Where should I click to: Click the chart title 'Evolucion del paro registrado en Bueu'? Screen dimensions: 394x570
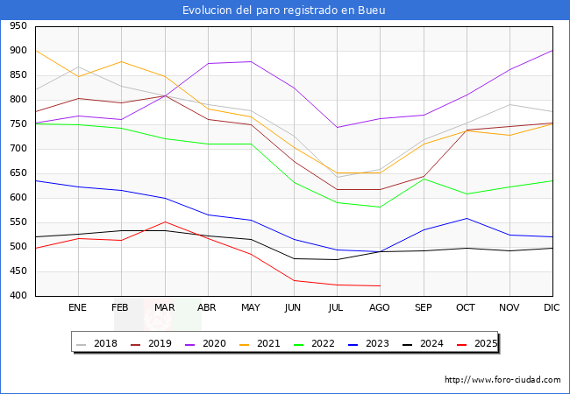284,11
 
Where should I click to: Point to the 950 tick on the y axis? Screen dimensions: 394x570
18,26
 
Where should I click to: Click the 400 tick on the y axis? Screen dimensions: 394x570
18,296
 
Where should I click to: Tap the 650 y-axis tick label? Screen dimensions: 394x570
18,173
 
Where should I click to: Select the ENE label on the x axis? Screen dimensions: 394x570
78,308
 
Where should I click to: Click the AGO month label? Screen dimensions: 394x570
380,308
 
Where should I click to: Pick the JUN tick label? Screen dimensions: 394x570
294,308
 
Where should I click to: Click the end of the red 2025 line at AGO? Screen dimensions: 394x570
380,285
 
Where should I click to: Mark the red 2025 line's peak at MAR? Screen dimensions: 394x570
164,222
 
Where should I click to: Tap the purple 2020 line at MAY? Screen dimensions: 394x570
251,61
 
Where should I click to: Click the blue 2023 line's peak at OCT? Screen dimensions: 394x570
467,218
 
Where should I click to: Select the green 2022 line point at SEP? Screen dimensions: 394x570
424,179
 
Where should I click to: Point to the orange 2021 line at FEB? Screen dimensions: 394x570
121,61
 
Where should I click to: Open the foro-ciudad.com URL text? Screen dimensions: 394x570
502,380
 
